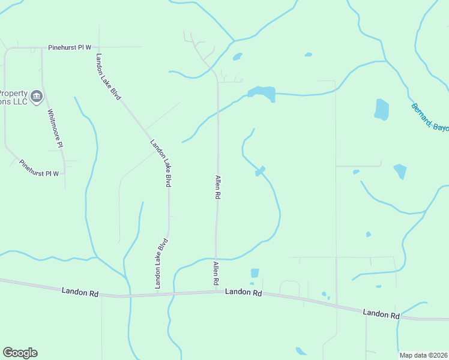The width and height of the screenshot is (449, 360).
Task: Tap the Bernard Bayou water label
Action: (430, 117)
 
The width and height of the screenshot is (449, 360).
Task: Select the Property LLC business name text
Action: (13, 97)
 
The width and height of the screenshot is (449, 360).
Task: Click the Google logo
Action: (20, 353)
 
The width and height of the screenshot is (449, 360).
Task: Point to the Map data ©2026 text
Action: (423, 355)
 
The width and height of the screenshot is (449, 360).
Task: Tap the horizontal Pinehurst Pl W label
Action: (70, 47)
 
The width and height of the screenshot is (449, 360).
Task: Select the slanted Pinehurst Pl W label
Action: (39, 168)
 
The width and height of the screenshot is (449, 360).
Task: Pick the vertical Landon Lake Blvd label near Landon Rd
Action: (161, 264)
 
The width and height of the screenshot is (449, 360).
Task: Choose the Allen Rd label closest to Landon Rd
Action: (215, 273)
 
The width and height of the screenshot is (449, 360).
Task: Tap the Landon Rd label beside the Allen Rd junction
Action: (244, 292)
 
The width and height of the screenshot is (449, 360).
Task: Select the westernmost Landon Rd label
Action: (79, 291)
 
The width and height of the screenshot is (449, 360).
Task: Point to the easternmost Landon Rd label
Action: (381, 313)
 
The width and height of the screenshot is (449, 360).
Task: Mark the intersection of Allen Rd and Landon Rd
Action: (216, 292)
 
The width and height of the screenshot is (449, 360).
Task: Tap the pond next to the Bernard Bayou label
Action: (381, 109)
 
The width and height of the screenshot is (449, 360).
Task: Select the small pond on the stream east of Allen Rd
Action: (260, 171)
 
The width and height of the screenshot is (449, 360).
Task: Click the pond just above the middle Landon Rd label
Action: (255, 273)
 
